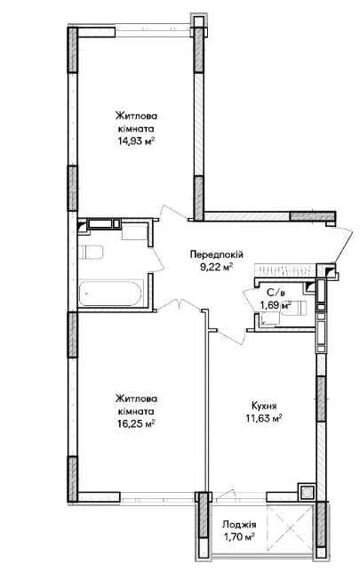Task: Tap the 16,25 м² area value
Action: click(x=136, y=423)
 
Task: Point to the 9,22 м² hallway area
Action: click(x=216, y=268)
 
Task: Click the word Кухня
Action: click(x=264, y=406)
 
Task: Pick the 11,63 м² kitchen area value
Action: click(x=264, y=418)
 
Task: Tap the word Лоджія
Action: click(x=239, y=525)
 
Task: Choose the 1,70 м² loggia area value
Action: click(x=239, y=537)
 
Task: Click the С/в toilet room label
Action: click(x=275, y=292)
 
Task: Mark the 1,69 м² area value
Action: click(x=275, y=304)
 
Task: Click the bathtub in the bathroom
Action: click(x=110, y=294)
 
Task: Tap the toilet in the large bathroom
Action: click(x=91, y=252)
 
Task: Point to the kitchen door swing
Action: click(x=229, y=336)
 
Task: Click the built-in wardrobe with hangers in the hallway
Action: click(x=284, y=270)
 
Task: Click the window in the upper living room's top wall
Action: click(x=154, y=30)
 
